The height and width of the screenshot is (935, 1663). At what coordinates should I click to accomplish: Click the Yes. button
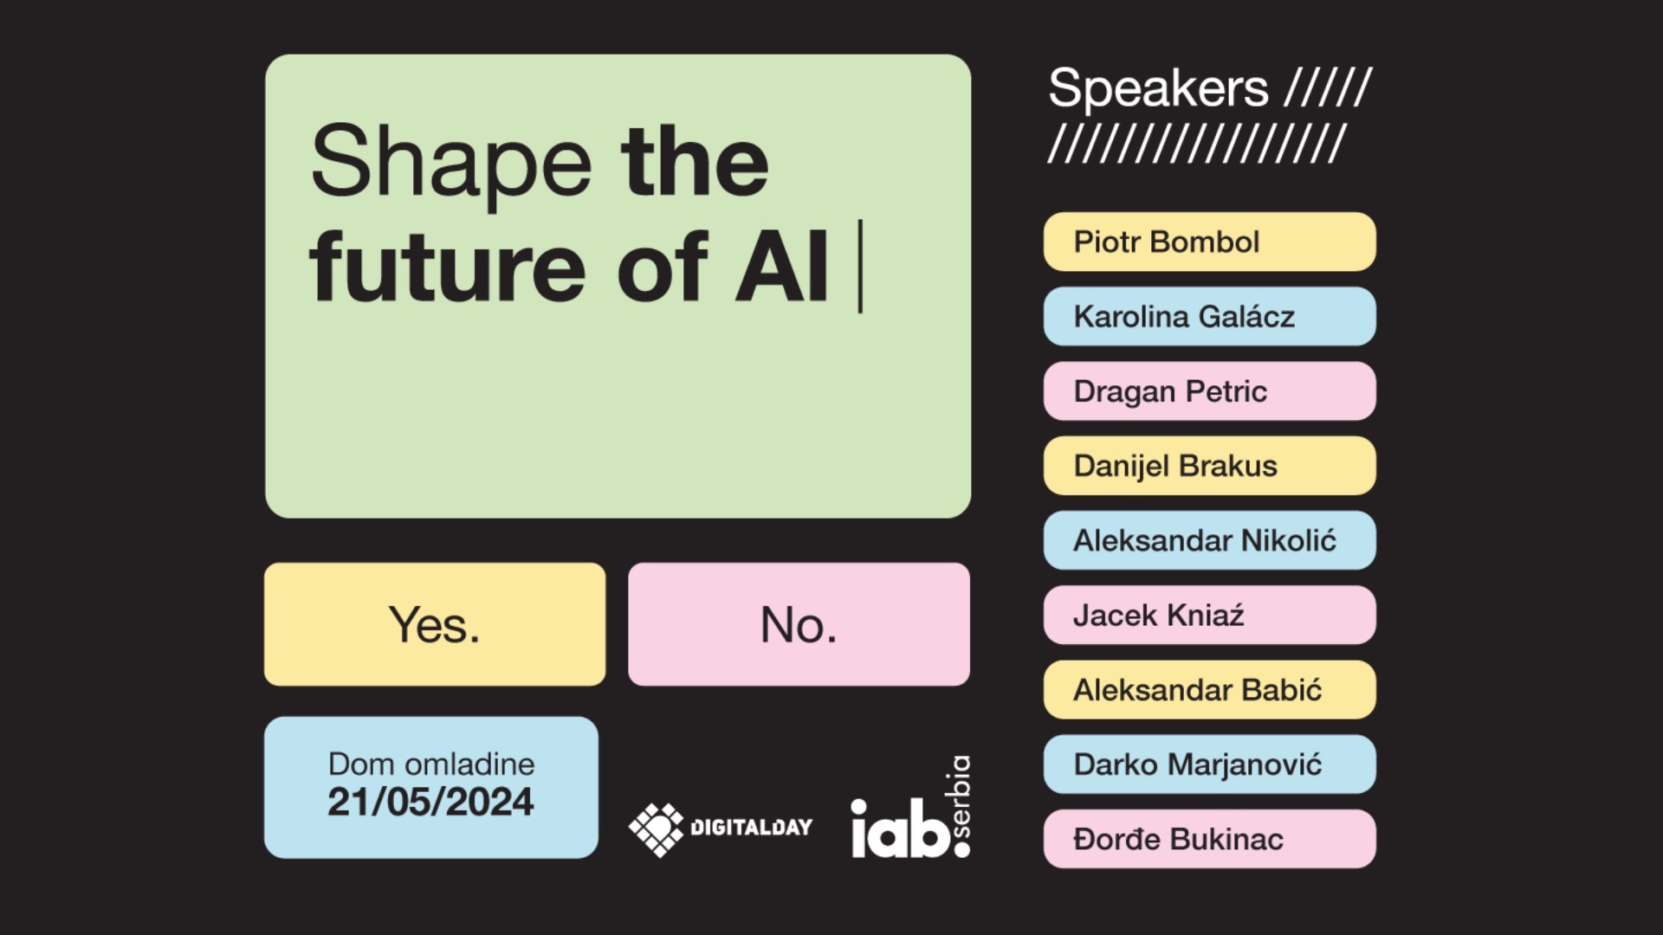435,624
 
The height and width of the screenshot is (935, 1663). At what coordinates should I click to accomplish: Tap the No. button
799,624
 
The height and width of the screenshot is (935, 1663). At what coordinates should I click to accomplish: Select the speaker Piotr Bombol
1209,242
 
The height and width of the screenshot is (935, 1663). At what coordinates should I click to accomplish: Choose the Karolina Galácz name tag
1209,316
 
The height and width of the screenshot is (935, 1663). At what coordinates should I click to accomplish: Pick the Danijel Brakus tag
1209,466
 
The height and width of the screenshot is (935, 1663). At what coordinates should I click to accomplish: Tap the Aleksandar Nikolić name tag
1209,540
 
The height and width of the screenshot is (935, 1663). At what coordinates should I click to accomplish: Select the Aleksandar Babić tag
1209,690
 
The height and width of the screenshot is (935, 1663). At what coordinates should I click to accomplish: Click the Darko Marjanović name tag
1209,764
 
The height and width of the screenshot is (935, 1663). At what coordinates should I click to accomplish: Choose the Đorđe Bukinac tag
1209,839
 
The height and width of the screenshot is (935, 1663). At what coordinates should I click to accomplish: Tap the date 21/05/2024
430,802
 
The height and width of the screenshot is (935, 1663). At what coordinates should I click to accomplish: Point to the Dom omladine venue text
431,764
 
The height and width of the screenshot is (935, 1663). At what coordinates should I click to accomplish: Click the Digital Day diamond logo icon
656,829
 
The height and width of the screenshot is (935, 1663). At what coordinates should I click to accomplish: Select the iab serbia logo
911,808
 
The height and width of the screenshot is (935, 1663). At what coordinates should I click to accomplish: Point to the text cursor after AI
860,266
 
